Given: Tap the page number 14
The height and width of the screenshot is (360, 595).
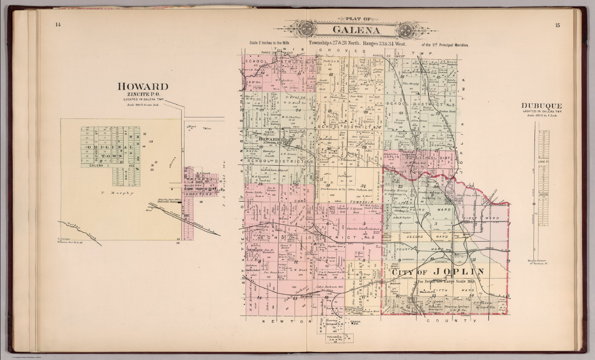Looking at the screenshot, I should coord(58,25).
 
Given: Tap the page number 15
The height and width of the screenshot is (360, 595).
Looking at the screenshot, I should coord(557,26).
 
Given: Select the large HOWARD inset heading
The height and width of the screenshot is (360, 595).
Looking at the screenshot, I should coord(143,86).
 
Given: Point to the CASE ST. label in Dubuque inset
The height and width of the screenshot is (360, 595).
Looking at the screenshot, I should coord(541,162).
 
